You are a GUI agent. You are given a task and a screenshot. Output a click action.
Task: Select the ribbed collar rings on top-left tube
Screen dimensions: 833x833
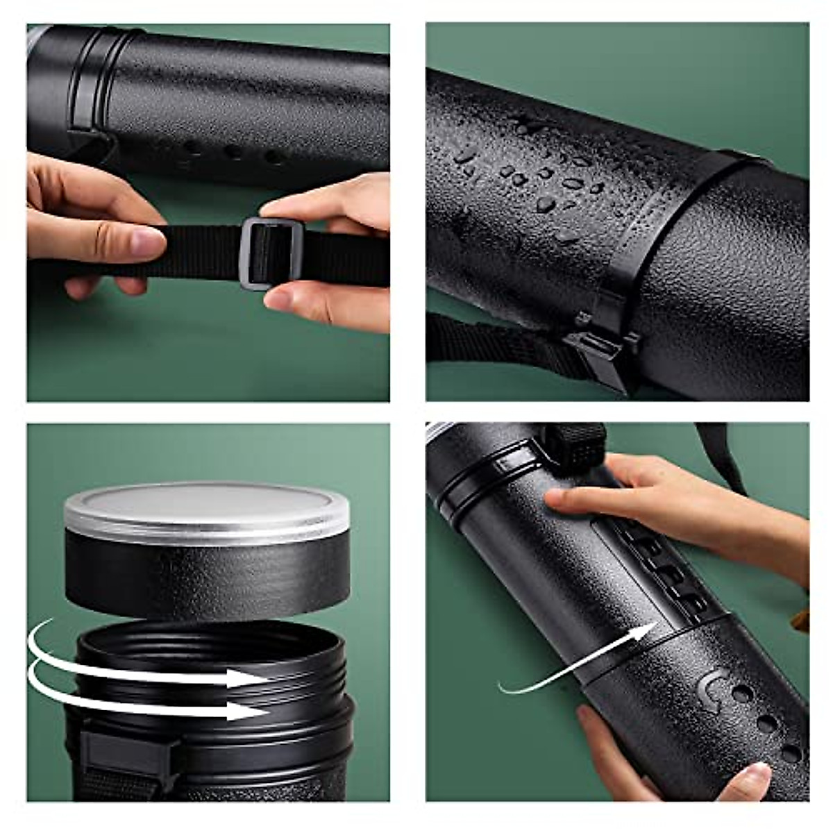(97, 76)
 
